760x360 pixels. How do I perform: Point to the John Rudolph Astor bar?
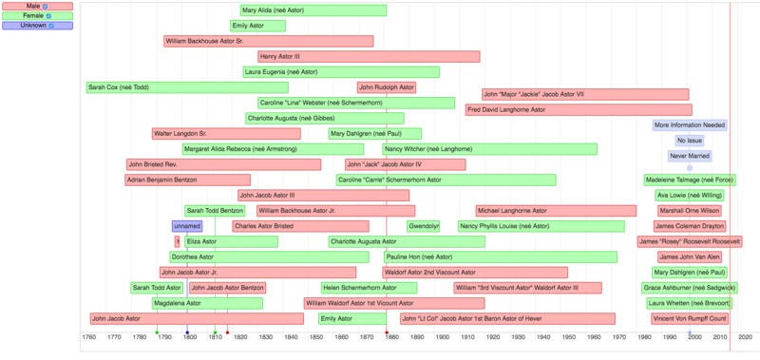point(387,87)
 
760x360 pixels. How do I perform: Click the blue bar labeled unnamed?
point(187,226)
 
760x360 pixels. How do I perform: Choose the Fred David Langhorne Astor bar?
point(578,110)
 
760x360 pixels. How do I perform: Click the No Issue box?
point(690,141)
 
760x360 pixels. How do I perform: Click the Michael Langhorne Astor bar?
point(556,211)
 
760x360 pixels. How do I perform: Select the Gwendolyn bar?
point(423,226)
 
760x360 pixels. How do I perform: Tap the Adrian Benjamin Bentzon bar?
point(187,180)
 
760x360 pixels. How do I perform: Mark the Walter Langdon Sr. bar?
point(226,134)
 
